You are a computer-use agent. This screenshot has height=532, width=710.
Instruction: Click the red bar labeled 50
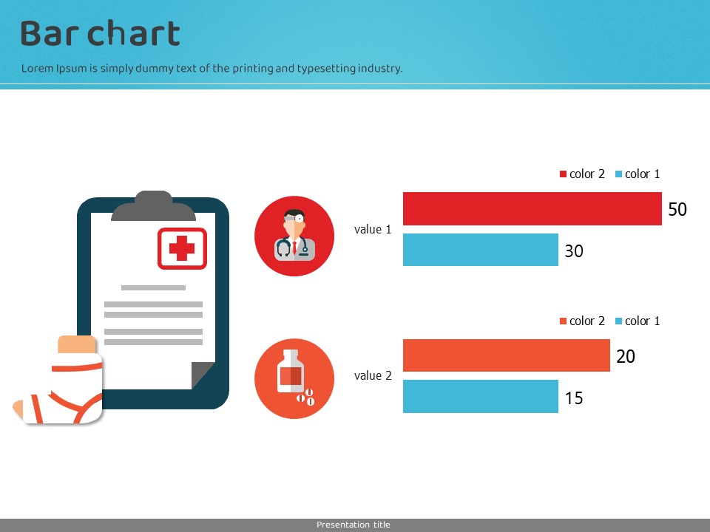(x=532, y=208)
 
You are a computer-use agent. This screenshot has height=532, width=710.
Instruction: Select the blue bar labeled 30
(x=481, y=250)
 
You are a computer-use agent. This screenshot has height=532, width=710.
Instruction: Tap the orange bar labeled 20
(x=506, y=355)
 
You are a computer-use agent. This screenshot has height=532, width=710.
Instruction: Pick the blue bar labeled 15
(x=481, y=396)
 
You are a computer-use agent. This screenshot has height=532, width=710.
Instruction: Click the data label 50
(x=677, y=209)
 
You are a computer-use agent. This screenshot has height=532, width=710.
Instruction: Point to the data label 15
(x=574, y=398)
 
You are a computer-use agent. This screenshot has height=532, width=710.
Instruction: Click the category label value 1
(x=373, y=229)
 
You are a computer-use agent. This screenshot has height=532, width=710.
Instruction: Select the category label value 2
(x=373, y=375)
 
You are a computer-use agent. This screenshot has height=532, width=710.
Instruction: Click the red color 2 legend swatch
(x=564, y=174)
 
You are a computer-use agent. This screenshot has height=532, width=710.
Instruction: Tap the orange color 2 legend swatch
(x=564, y=321)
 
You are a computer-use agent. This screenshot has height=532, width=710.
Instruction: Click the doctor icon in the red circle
(x=294, y=235)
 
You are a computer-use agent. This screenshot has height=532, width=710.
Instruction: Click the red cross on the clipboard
(x=182, y=248)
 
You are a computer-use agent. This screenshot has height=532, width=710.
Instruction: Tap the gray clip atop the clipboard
(x=154, y=206)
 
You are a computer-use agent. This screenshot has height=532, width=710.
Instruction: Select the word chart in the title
(x=134, y=33)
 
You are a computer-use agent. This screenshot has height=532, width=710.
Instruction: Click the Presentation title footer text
(x=354, y=525)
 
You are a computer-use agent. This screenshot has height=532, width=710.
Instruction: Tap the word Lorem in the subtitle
(x=37, y=68)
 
